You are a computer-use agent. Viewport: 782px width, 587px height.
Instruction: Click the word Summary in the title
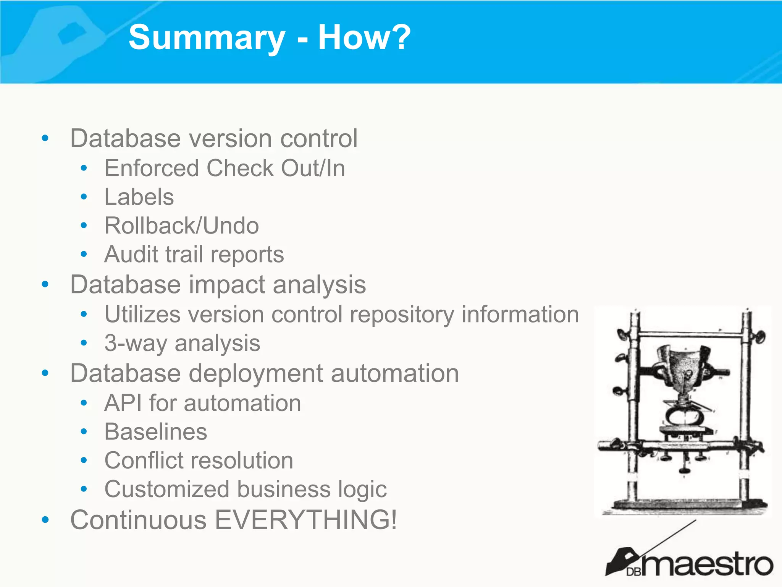[x=207, y=37]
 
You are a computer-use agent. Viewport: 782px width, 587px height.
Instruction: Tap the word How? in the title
[x=364, y=37]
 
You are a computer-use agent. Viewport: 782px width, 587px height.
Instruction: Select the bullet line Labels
[x=139, y=197]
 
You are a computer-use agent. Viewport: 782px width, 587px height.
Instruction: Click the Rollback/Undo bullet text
[x=182, y=225]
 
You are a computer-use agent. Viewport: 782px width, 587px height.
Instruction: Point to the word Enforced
[x=152, y=168]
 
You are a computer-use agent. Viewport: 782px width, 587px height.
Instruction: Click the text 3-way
[x=136, y=343]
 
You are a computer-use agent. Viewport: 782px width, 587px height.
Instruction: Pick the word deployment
[x=256, y=373]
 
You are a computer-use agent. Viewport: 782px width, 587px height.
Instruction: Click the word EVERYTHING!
[x=305, y=520]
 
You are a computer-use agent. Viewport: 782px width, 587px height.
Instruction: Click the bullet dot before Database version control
[x=45, y=138]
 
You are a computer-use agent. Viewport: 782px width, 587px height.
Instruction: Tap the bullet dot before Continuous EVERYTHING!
[x=45, y=520]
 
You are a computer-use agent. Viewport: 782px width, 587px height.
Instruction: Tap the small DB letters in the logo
[x=634, y=572]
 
